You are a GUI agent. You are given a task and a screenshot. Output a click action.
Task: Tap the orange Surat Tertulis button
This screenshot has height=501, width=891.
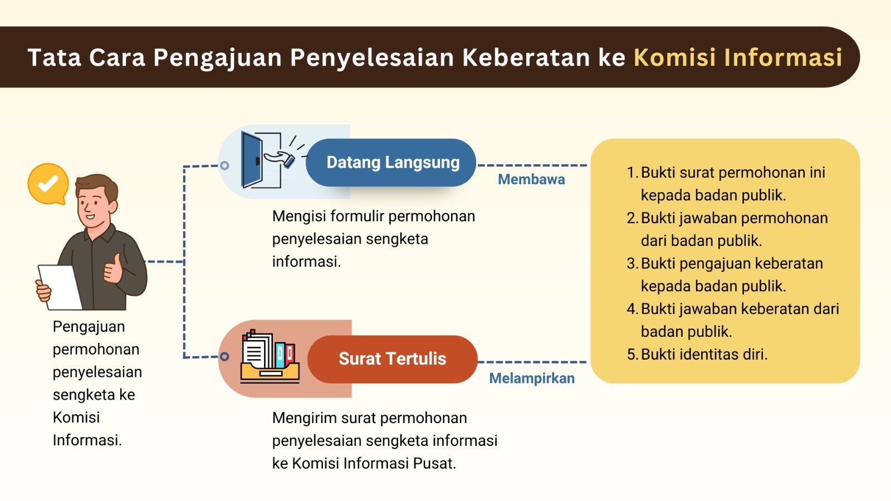(392, 359)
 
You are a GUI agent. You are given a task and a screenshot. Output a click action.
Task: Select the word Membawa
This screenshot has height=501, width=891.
(531, 179)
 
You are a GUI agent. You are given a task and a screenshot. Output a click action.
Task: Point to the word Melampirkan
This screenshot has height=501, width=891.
(532, 379)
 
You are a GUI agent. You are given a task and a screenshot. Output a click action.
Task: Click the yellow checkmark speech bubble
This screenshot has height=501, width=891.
(48, 183)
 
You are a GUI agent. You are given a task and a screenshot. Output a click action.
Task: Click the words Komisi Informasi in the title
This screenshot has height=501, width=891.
(738, 57)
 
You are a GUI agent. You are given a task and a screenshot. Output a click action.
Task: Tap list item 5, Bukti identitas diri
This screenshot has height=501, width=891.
(704, 355)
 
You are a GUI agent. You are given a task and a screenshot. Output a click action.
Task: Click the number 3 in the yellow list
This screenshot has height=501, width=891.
(631, 263)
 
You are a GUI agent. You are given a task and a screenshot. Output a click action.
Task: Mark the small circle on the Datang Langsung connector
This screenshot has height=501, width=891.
(224, 165)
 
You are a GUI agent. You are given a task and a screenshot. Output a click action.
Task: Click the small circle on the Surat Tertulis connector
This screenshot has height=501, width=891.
(224, 357)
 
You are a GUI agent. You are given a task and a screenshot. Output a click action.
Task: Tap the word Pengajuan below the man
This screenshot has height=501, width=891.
(89, 327)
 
